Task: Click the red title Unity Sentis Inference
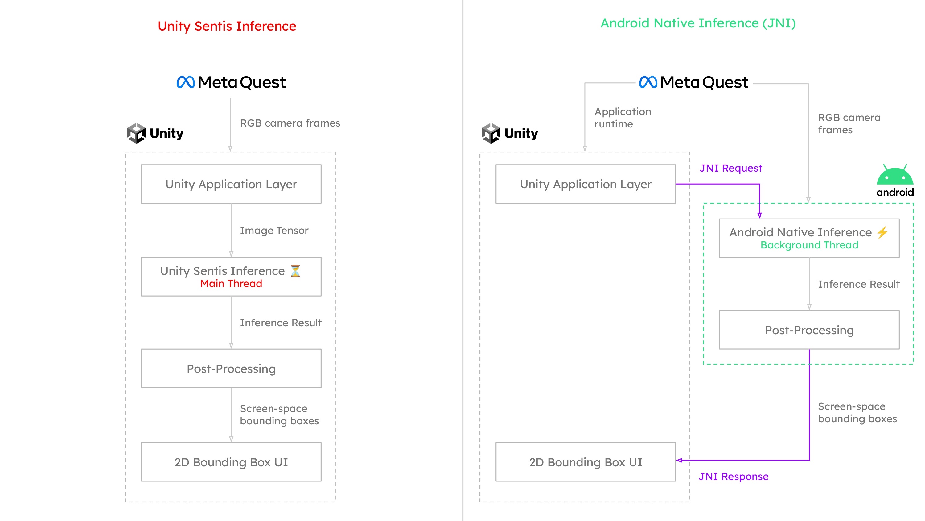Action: pos(227,26)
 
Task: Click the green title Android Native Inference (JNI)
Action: pos(698,23)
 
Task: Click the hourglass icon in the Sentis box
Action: pos(295,271)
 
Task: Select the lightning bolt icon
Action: pos(882,232)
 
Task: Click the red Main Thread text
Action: pos(231,284)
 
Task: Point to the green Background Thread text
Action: pos(809,245)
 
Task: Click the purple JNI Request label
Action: pos(731,168)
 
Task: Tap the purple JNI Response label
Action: pos(733,477)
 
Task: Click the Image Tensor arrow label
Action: pos(274,231)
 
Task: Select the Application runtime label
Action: pos(622,118)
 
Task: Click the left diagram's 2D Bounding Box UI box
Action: pos(231,462)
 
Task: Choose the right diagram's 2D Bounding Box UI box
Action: pos(585,462)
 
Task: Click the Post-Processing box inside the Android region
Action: pos(809,330)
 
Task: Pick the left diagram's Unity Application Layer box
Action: pos(231,184)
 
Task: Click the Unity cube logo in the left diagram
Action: pos(137,133)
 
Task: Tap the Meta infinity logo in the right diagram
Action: pos(648,82)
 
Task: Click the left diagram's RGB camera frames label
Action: pos(290,123)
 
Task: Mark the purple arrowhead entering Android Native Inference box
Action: pos(759,215)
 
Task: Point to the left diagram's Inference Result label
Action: pos(281,323)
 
